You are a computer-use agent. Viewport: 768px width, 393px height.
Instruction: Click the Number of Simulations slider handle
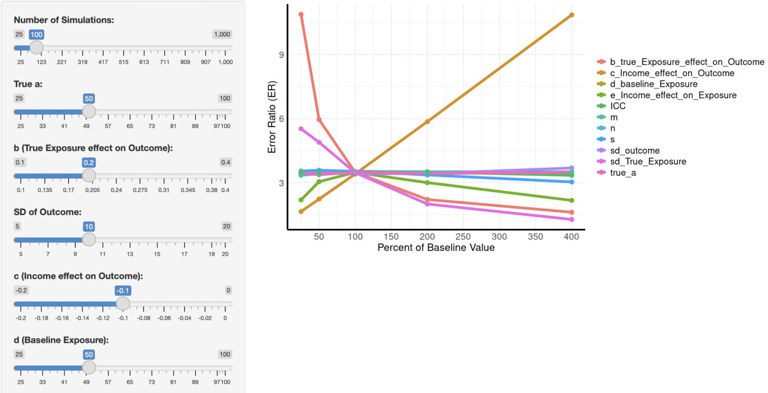click(36, 48)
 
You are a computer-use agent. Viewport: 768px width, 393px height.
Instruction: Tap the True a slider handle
click(89, 112)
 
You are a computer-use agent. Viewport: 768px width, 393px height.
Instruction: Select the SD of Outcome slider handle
click(89, 239)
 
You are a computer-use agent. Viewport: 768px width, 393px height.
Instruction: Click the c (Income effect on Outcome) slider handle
click(123, 303)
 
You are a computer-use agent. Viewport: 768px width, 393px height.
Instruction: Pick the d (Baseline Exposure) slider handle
click(89, 367)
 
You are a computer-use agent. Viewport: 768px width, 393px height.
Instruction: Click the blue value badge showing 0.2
click(89, 162)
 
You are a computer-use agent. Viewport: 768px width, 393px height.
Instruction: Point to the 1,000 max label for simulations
click(222, 34)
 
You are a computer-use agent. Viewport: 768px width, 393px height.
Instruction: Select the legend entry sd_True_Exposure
click(648, 162)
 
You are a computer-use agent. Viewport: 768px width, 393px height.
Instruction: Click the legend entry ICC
click(617, 106)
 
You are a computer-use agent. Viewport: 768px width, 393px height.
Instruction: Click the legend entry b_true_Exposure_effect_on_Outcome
click(687, 62)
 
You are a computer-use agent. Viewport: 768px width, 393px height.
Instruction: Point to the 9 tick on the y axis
click(280, 55)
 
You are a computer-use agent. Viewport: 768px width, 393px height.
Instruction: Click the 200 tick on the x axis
click(427, 237)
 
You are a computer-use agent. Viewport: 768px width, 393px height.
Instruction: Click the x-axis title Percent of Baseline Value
click(436, 248)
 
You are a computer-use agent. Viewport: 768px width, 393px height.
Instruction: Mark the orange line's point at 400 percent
click(571, 15)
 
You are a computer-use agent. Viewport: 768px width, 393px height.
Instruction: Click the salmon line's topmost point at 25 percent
click(301, 14)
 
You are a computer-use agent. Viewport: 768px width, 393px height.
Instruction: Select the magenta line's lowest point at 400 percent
click(571, 220)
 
